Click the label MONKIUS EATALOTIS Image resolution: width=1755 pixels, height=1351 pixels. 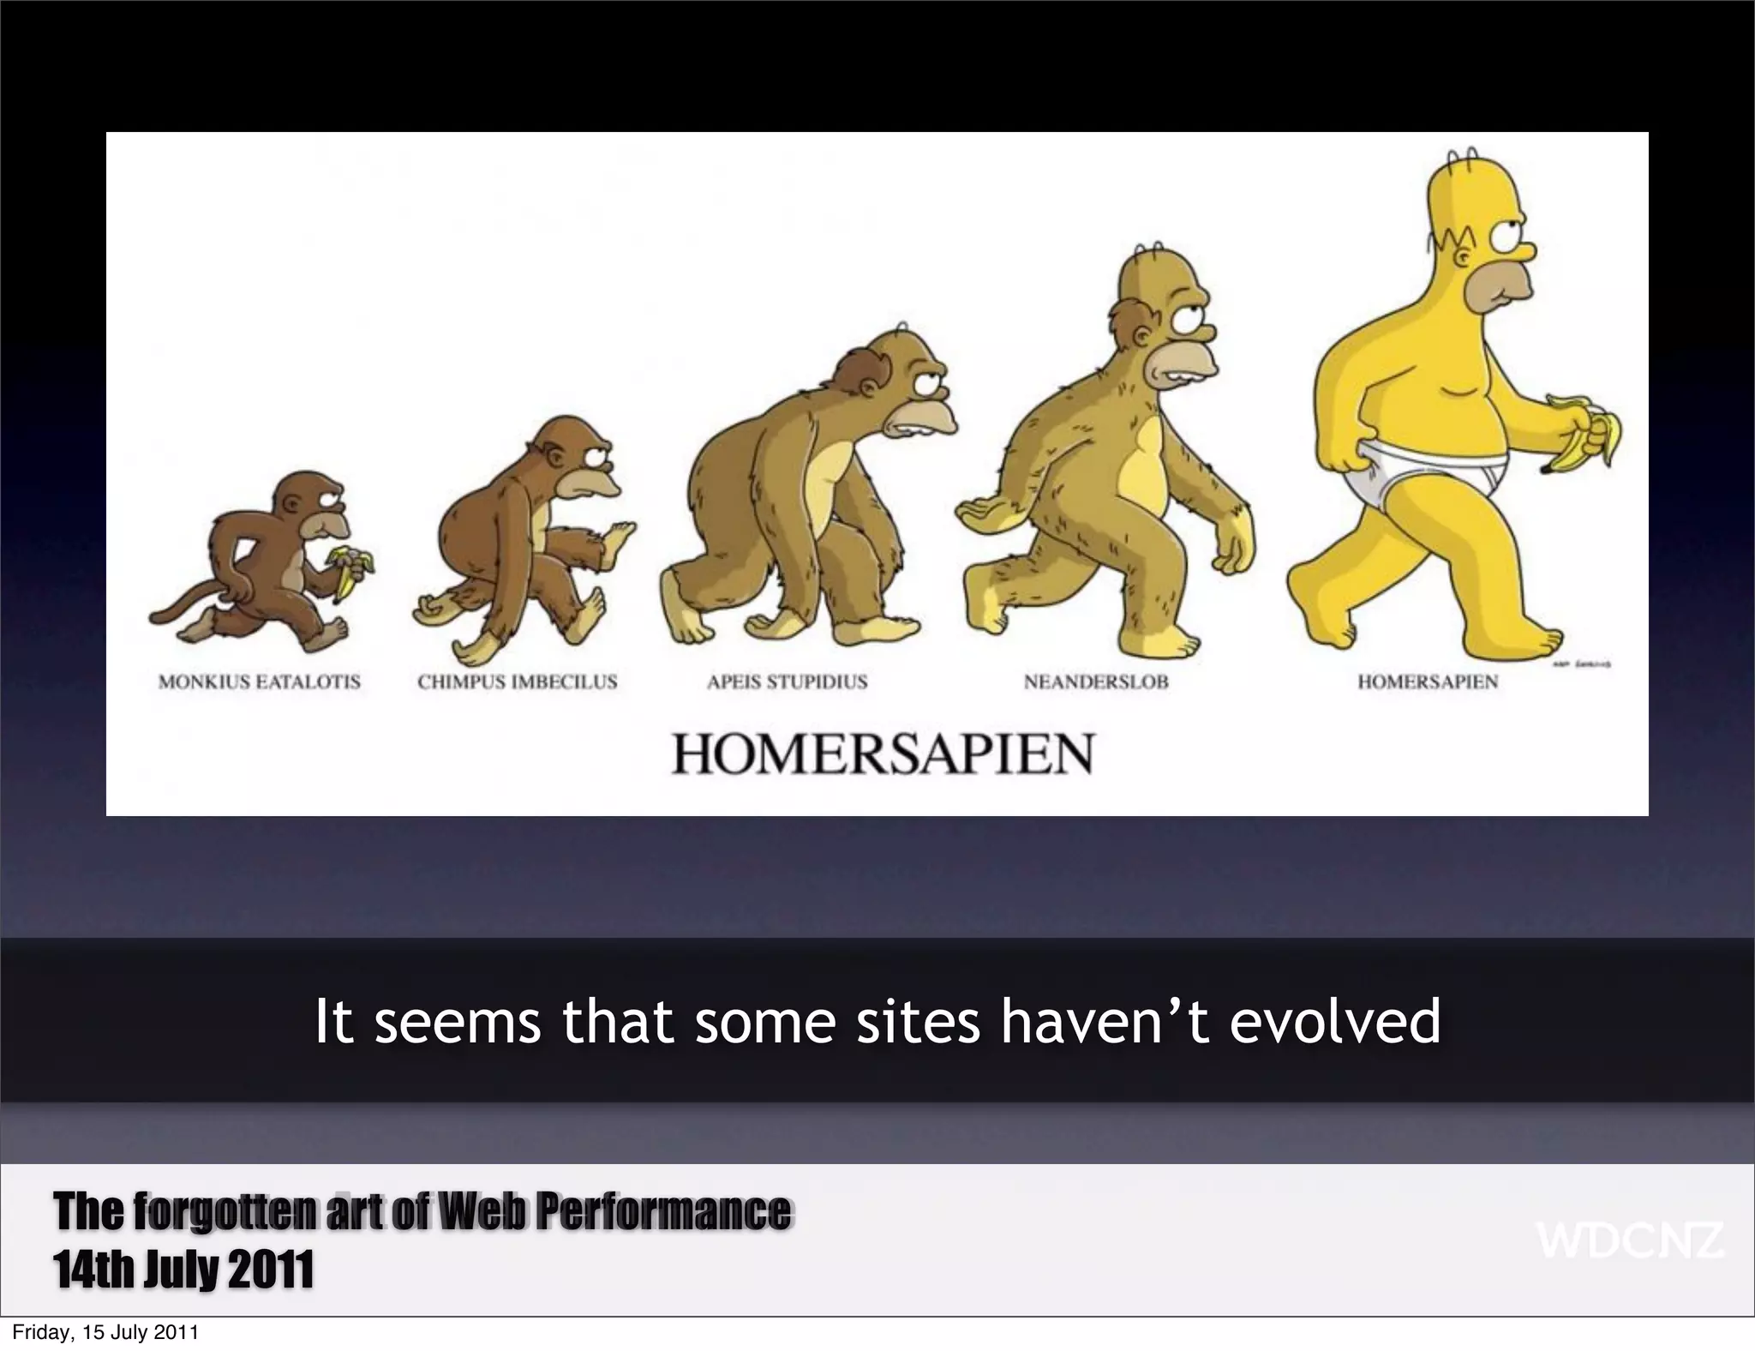point(260,682)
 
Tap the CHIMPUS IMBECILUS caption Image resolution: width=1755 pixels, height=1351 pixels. point(517,682)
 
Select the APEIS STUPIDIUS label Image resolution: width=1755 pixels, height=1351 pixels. point(787,682)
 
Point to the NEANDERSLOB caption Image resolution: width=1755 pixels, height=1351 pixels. point(1096,682)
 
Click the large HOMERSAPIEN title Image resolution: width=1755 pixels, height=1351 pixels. point(882,754)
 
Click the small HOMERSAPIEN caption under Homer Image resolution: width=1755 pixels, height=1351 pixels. point(1428,682)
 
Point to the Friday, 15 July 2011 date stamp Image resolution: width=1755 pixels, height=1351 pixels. point(105,1333)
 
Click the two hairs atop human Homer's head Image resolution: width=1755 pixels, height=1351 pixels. point(1459,157)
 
